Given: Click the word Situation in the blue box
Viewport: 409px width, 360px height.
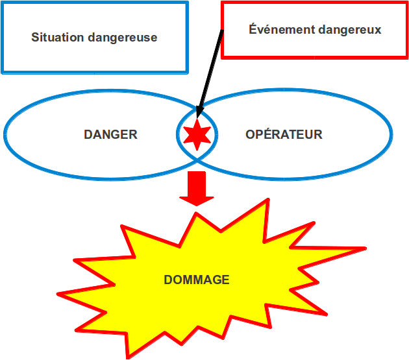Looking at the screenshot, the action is (57, 37).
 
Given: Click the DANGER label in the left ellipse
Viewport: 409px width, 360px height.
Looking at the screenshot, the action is (110, 134).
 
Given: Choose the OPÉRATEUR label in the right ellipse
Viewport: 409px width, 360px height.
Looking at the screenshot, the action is (284, 134).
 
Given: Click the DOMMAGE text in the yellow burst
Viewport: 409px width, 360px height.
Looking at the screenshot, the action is (197, 280).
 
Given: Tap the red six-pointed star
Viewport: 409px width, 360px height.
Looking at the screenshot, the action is (197, 135).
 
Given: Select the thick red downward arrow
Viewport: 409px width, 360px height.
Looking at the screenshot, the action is (197, 189).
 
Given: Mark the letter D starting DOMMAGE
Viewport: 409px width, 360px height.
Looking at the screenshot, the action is (168, 280).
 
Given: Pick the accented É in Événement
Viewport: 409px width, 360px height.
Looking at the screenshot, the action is (253, 28).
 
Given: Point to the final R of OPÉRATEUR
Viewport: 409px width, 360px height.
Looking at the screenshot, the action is (318, 134).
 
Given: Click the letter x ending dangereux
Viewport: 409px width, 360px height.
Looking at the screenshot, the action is (378, 30).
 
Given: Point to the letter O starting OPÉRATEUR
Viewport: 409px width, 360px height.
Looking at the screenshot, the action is (250, 134).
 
